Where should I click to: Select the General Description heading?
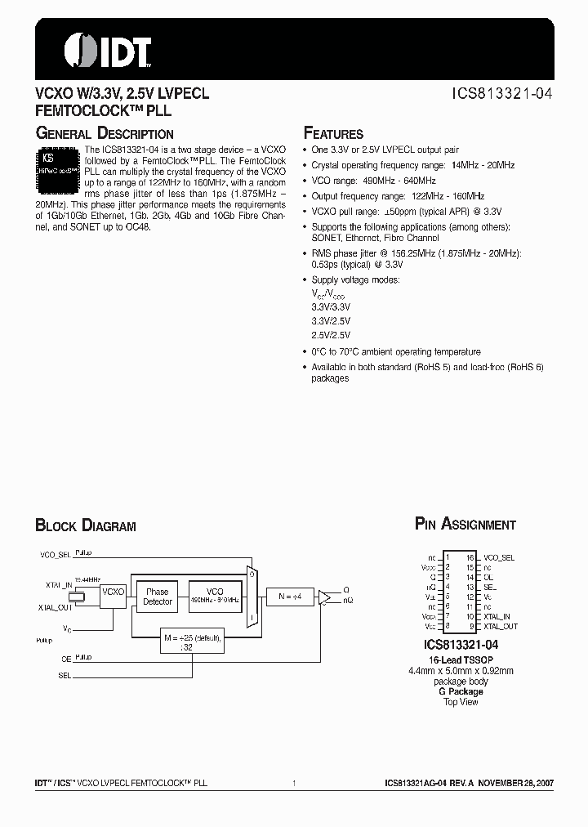[104, 133]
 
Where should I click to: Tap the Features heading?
[333, 133]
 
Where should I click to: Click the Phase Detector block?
[158, 597]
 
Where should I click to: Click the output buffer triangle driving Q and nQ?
[325, 597]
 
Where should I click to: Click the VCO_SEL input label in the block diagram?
[56, 554]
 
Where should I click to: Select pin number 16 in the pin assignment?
[470, 557]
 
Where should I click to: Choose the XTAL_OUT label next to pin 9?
[501, 626]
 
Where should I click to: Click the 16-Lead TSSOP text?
[458, 659]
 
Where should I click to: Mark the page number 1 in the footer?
[293, 783]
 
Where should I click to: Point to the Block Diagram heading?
[86, 525]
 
